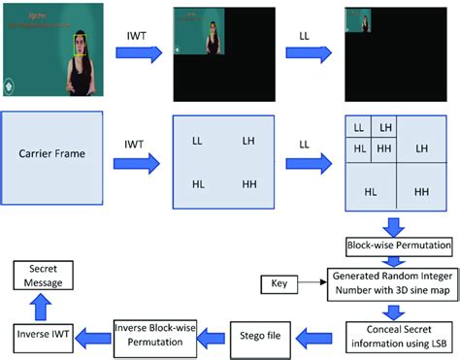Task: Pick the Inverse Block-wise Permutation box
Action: pos(155,335)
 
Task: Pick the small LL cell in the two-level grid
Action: pos(359,127)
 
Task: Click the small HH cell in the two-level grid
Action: pos(384,147)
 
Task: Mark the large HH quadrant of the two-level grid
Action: pos(421,192)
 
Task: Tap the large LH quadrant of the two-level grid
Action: pos(421,147)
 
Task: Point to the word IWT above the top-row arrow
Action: pos(138,37)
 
